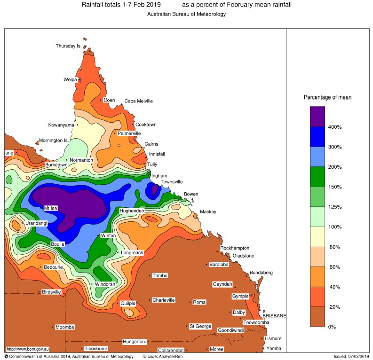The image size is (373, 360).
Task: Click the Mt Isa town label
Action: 50,208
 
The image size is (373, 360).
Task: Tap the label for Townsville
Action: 172,182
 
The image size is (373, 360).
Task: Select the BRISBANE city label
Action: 274,316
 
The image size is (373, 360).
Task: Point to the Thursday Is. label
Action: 69,46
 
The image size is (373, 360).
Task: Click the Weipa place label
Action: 70,80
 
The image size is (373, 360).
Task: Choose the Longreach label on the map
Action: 132,253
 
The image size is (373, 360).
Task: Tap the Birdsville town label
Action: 52,292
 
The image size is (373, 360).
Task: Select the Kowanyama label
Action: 61,125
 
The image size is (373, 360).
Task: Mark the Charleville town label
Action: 164,300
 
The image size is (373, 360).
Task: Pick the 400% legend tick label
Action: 335,127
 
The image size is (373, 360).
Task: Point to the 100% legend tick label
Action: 335,227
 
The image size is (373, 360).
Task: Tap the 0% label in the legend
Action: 332,327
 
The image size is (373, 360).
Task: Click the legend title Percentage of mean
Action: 327,97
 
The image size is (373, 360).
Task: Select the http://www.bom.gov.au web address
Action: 28,349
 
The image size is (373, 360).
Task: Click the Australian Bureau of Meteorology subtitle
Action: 186,14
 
